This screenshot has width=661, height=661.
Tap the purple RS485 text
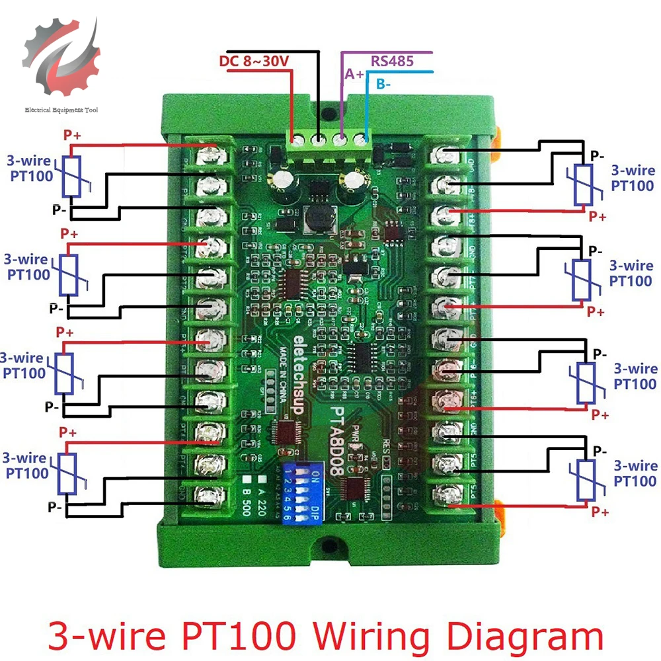pyautogui.click(x=392, y=61)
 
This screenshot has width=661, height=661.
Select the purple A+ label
pyautogui.click(x=354, y=74)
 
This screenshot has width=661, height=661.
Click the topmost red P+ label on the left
pyautogui.click(x=72, y=135)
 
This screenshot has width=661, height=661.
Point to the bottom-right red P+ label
pyautogui.click(x=600, y=512)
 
